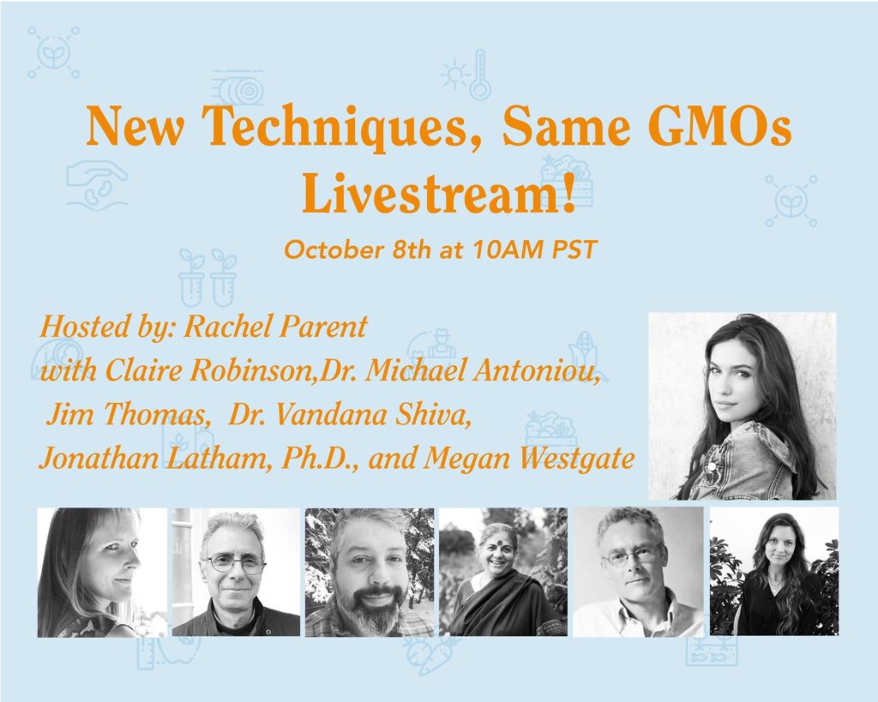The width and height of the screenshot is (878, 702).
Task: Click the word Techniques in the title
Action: click(341, 128)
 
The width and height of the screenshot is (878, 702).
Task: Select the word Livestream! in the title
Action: click(439, 192)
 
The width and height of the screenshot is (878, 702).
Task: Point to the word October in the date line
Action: click(333, 249)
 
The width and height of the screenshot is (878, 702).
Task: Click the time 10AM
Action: click(508, 249)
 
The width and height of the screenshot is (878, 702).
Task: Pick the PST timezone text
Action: click(574, 249)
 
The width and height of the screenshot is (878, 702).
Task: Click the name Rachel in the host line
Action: click(227, 327)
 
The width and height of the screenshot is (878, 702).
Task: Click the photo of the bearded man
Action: click(370, 572)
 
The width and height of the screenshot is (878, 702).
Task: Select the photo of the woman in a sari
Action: click(502, 572)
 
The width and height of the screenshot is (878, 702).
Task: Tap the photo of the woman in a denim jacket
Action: click(742, 406)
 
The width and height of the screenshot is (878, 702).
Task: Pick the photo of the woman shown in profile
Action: click(102, 573)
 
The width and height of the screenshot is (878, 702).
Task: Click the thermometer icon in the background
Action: click(480, 75)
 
